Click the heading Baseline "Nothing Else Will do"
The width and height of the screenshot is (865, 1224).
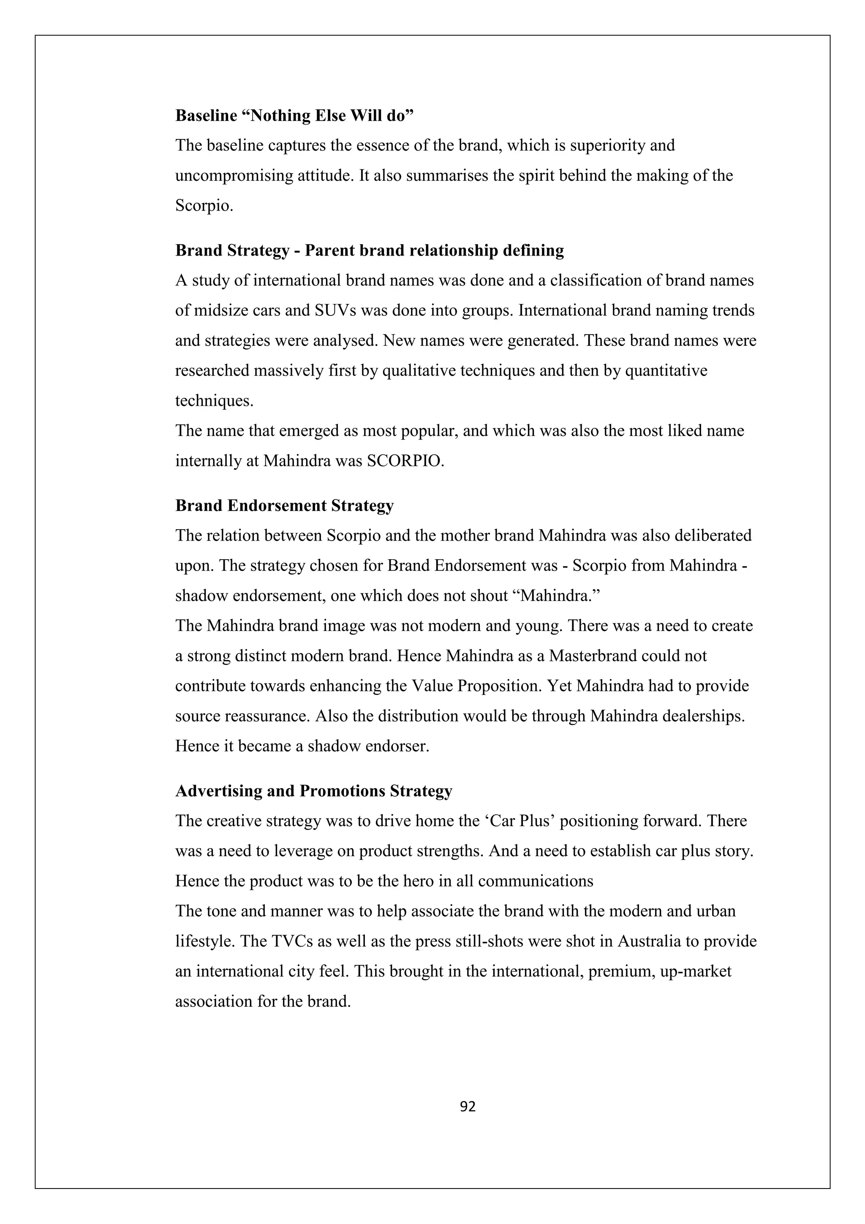[295, 116]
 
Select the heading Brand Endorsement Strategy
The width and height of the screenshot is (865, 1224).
[284, 506]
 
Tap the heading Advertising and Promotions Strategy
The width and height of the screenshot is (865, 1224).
[313, 791]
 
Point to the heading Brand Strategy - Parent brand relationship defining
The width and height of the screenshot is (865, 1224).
[369, 250]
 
